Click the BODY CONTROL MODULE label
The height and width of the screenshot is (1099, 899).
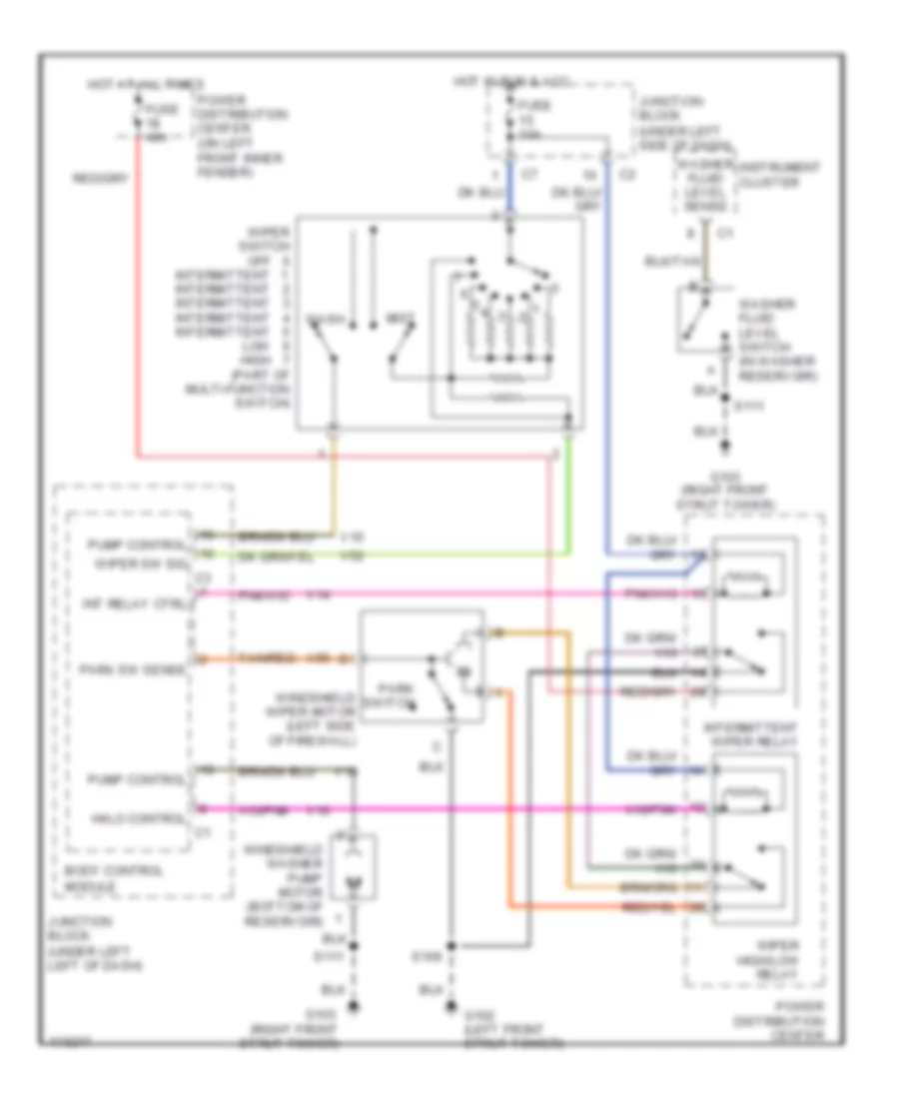(101, 877)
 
